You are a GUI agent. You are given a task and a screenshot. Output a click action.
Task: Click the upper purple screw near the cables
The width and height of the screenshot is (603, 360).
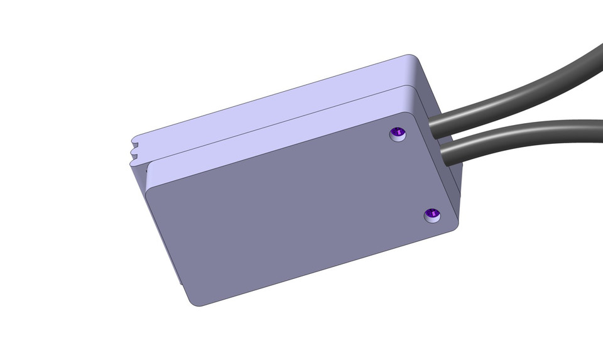(x=398, y=133)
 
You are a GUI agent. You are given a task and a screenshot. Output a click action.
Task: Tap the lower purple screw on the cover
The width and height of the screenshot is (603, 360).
(x=432, y=215)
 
